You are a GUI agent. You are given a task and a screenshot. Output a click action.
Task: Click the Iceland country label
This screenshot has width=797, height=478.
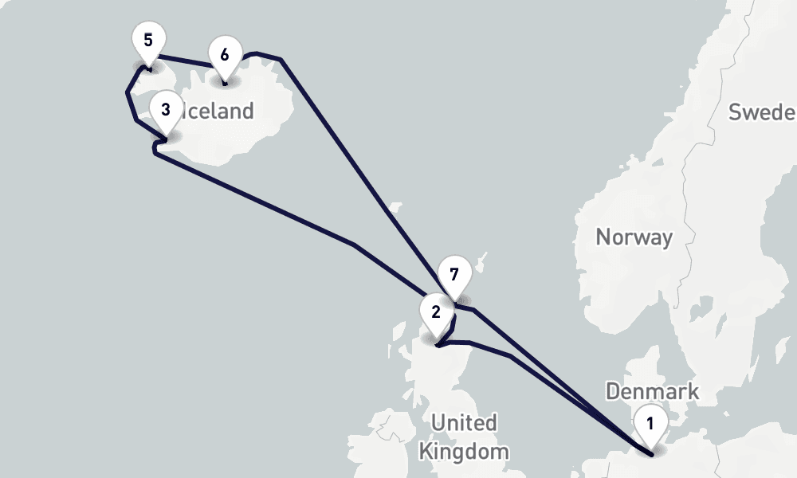[218, 111]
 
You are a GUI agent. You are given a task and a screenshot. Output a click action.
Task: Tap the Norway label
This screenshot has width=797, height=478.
[634, 237]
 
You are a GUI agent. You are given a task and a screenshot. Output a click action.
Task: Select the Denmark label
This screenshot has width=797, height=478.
[652, 391]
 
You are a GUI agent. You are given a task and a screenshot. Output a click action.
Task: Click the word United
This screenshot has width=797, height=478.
[464, 422]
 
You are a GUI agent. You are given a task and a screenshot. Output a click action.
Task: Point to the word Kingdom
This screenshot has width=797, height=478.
[464, 452]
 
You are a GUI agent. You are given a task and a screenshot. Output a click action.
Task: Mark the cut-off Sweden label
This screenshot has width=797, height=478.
[762, 112]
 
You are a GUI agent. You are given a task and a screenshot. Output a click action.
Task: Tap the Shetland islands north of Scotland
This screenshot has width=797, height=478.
[478, 262]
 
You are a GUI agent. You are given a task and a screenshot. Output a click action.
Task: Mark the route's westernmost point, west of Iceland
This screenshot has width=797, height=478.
[128, 93]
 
